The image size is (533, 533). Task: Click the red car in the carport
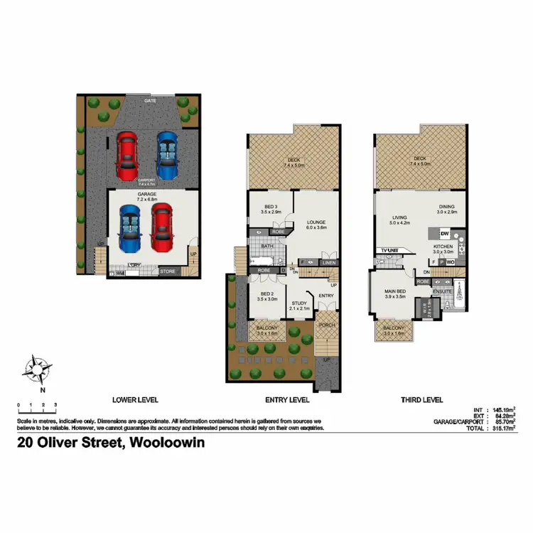[127, 156]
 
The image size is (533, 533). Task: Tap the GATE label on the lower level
[150, 101]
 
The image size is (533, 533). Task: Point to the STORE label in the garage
[167, 271]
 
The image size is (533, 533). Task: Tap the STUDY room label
[299, 304]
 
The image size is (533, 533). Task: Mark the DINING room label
[446, 207]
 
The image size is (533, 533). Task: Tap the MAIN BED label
[394, 291]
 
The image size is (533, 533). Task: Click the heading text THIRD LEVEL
[422, 400]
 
